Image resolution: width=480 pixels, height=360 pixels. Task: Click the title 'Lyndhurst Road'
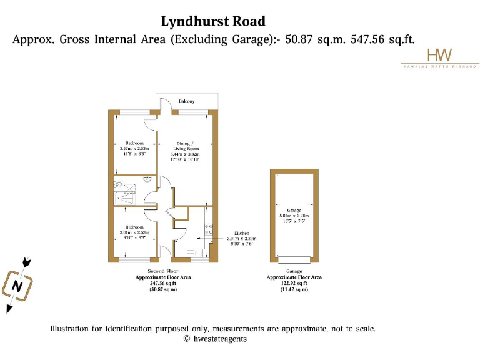coord(213,21)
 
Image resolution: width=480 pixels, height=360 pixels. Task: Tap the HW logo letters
coord(439,55)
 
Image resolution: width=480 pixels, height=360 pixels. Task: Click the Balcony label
coord(187,101)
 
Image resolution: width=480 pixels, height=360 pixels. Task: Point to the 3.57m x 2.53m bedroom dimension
coord(134,149)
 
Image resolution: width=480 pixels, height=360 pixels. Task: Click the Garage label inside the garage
coord(294,211)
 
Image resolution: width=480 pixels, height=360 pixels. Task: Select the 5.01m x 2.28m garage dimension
coord(294,216)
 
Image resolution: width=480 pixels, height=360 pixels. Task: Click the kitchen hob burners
coord(209,229)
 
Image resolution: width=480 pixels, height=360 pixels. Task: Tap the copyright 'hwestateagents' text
coord(219,339)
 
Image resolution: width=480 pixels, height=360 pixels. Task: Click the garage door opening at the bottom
coord(294,259)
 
